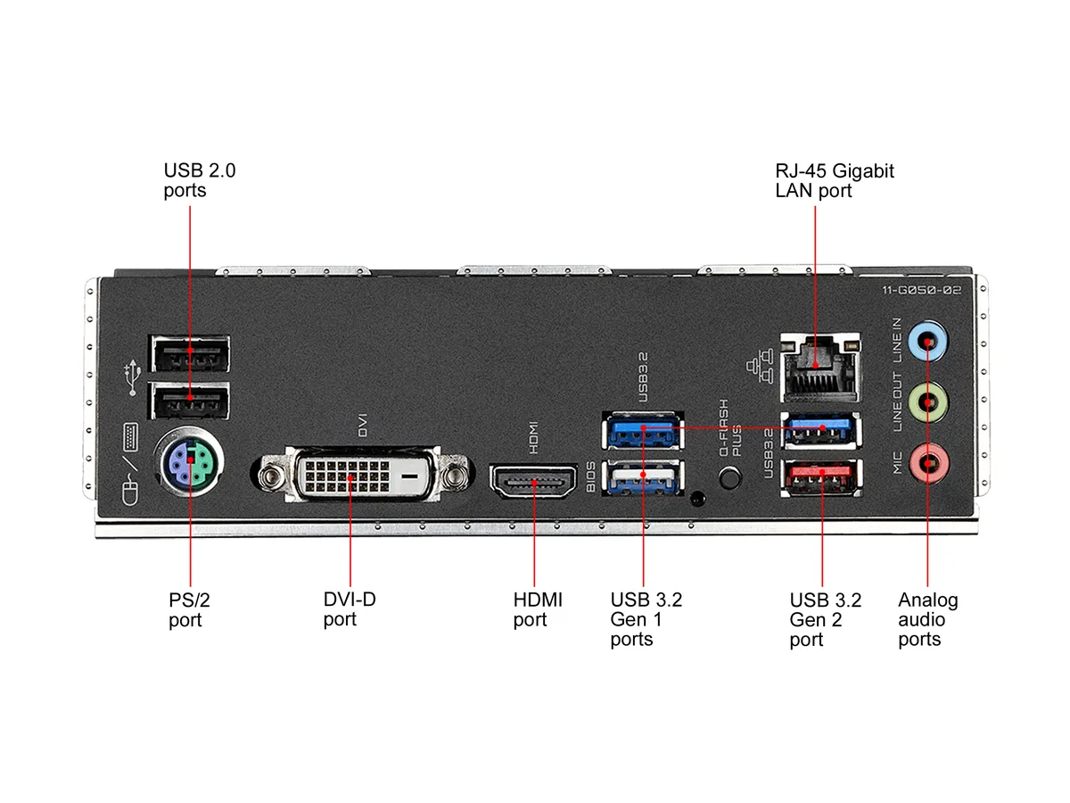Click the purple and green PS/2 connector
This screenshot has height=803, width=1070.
coord(189,460)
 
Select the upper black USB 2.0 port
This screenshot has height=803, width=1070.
coord(189,353)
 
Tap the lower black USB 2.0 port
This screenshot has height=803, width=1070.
coord(189,401)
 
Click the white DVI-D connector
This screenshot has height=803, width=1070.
coord(363,474)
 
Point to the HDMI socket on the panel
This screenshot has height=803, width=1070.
coord(534,481)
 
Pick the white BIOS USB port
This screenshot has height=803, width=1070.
coord(643,476)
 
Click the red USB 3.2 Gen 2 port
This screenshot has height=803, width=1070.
coord(821,476)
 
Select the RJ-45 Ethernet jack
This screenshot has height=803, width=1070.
coord(820,368)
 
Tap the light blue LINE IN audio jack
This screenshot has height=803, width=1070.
coord(927,341)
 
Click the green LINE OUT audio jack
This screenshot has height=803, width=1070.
coord(927,402)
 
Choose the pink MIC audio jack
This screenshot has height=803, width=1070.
coord(927,462)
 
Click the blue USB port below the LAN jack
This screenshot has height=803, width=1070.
coord(821,430)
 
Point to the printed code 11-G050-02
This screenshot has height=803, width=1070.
coord(921,290)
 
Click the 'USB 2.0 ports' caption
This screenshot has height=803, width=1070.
coord(200,180)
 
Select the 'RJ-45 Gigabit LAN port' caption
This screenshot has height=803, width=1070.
coord(835,180)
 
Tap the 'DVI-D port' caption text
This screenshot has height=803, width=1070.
coord(350,609)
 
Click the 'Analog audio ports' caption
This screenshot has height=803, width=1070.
coord(928,619)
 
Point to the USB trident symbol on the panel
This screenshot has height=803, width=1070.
coord(133,377)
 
